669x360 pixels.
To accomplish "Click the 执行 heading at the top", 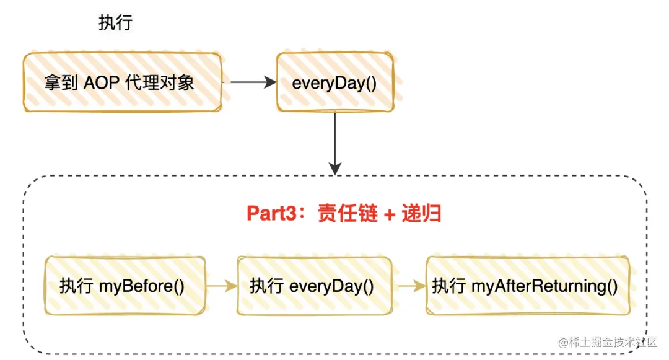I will tap(115, 24).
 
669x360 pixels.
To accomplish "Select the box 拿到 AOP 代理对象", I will tap(123, 82).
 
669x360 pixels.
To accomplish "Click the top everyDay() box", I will tap(334, 82).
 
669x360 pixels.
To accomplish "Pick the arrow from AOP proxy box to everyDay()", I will tap(253, 82).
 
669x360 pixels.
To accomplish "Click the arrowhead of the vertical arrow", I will tap(335, 168).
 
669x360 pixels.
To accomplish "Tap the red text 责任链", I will tap(346, 213).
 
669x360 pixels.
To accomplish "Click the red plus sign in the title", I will tap(389, 214).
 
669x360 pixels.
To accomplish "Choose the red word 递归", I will tap(422, 213).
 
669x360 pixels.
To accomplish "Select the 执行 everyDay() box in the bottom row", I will tap(314, 286).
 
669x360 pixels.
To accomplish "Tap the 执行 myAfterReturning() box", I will tap(527, 286).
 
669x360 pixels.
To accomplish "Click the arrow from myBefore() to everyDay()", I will tap(222, 286).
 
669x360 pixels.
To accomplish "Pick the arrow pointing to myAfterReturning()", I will tap(410, 286).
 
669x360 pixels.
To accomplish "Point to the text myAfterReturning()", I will tap(545, 286).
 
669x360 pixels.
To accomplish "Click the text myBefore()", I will tap(142, 286).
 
